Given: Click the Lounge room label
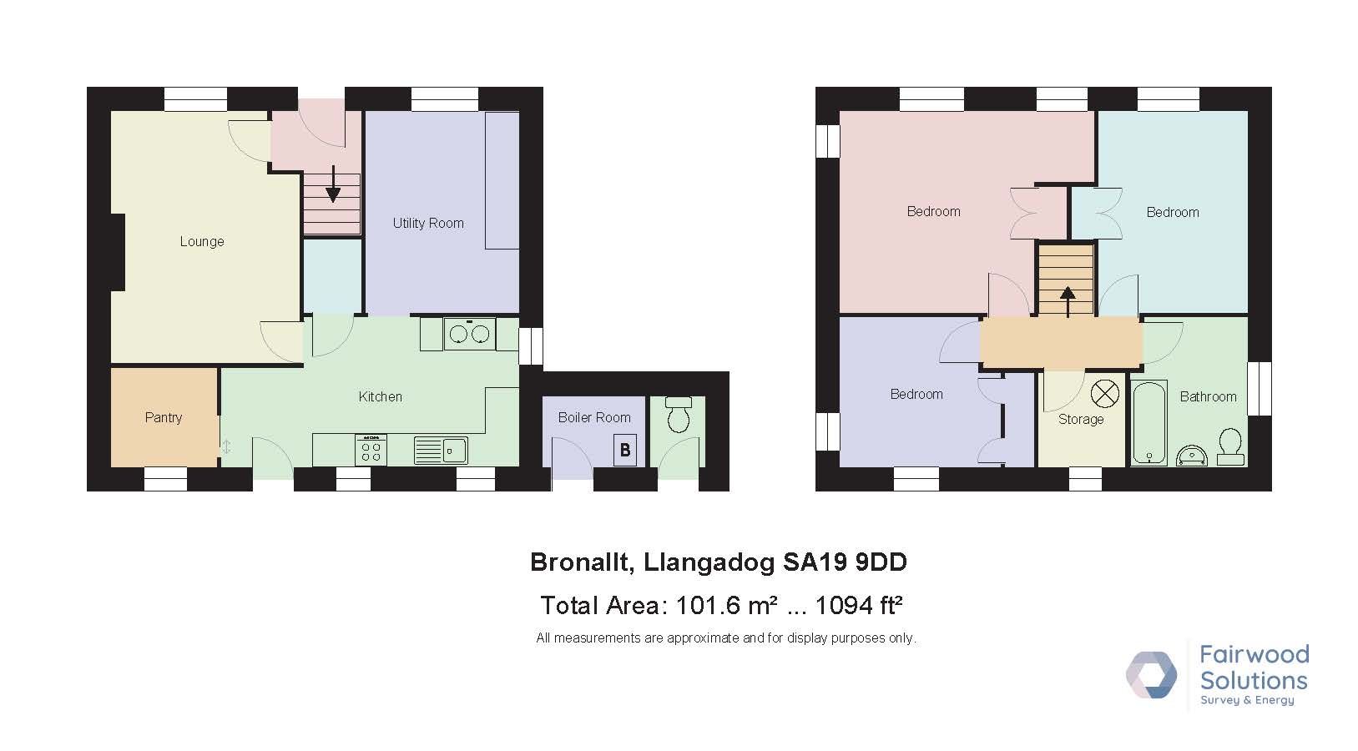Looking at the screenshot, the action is [202, 241].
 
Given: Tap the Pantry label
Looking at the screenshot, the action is [163, 417].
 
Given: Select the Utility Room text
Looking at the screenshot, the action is [428, 223].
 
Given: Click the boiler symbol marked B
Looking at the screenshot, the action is [625, 451].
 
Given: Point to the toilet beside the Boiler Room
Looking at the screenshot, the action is [679, 413].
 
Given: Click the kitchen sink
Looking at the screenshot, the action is [441, 451].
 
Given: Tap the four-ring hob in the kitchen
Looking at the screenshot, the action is [371, 450].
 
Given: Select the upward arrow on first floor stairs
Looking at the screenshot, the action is [1068, 301].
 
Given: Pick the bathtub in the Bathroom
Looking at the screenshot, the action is [1148, 422].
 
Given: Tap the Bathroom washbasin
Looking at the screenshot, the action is [1191, 456].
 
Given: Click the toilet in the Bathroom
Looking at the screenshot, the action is [1230, 447].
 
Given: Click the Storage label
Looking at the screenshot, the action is [1081, 420].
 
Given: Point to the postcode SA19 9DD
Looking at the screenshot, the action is [846, 562].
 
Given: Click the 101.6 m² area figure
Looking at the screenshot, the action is [726, 606].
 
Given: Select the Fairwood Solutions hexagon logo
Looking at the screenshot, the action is [1151, 674].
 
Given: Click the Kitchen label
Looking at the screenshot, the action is [380, 397].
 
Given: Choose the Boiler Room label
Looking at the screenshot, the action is [594, 417].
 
